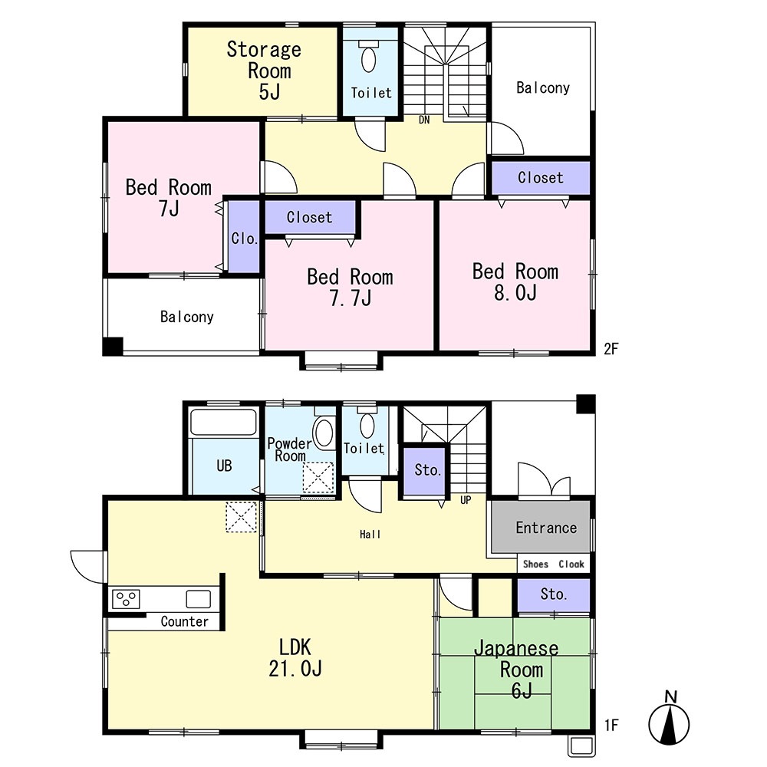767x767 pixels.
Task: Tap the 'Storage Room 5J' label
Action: click(x=264, y=71)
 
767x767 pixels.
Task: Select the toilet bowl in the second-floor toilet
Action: click(x=368, y=58)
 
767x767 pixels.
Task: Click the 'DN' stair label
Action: click(x=424, y=120)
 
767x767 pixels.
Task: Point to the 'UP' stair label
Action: click(x=466, y=500)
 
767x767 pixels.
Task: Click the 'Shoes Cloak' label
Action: click(x=553, y=564)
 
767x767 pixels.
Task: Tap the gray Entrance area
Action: click(x=541, y=527)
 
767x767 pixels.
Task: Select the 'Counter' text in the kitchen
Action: click(x=184, y=621)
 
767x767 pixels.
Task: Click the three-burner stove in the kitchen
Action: click(x=127, y=599)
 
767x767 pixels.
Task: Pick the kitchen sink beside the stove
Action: click(x=198, y=599)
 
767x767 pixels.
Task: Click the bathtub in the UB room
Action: click(x=223, y=423)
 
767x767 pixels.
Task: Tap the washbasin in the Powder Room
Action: click(x=324, y=433)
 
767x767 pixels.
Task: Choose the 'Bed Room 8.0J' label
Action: click(x=515, y=281)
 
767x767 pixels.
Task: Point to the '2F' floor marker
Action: click(x=611, y=348)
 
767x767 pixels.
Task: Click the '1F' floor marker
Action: click(x=611, y=725)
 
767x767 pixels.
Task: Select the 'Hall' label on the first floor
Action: click(x=370, y=535)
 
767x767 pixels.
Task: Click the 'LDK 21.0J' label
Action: click(x=295, y=657)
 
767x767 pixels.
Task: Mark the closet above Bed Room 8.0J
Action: click(x=541, y=178)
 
